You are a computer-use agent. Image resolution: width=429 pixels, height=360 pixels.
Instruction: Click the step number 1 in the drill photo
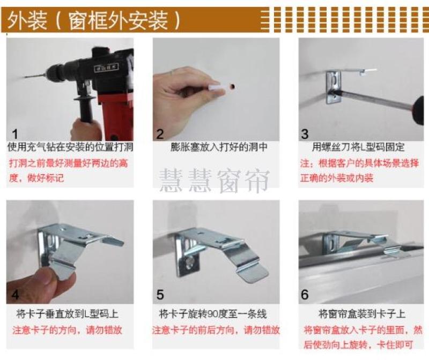[x=15, y=134]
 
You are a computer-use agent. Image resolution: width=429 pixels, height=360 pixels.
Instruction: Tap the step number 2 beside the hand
[x=160, y=134]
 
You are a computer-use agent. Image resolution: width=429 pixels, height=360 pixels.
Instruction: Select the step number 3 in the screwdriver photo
[x=305, y=134]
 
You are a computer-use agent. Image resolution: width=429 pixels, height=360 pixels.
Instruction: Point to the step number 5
[x=160, y=295]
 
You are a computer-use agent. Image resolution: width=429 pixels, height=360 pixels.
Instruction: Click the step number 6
[x=305, y=295]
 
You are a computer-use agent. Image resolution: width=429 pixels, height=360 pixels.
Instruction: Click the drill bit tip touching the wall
[x=25, y=77]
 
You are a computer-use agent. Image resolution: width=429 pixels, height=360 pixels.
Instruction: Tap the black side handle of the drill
[x=86, y=109]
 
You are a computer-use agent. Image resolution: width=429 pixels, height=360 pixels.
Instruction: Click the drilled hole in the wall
[x=232, y=86]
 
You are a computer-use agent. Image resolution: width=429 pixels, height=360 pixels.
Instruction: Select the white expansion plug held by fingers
[x=217, y=87]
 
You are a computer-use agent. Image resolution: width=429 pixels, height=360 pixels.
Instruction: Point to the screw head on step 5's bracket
[x=190, y=262]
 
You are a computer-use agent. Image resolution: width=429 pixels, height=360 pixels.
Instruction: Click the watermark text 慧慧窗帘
[x=214, y=181]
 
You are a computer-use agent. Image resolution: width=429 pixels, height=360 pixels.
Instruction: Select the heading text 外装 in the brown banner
[x=27, y=20]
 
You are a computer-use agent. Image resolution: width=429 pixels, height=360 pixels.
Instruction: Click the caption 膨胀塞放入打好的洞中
[x=219, y=147]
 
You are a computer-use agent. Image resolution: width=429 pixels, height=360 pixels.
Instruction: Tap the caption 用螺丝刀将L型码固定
[x=358, y=147]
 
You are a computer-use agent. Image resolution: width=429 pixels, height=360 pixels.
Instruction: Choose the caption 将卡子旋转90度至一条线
[x=213, y=314]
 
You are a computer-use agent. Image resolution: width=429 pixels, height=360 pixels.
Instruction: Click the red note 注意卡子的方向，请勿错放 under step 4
[x=68, y=330]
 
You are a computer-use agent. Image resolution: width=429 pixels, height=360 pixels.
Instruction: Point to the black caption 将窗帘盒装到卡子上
[x=362, y=314]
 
